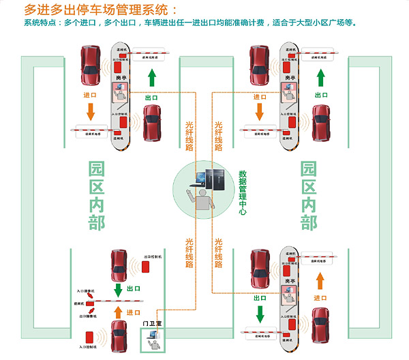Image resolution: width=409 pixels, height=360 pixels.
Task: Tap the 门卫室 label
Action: (152, 322)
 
